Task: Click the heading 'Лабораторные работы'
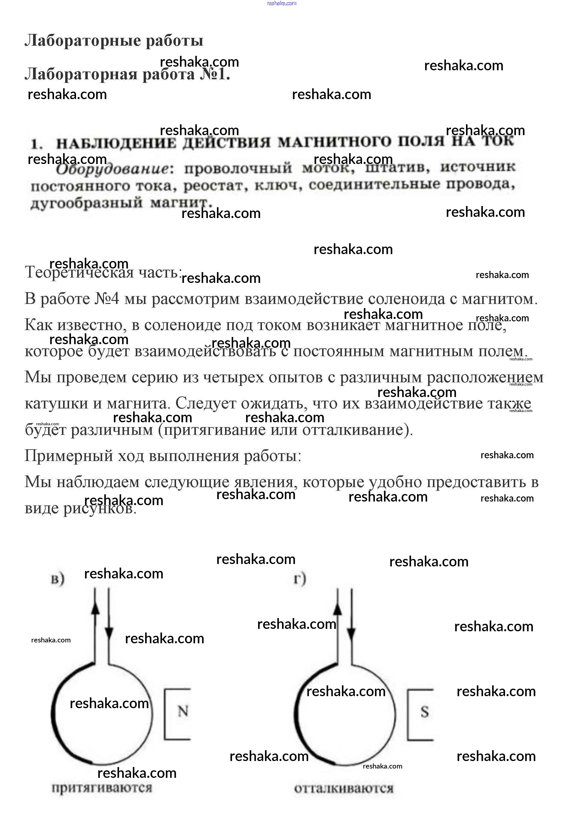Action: click(114, 41)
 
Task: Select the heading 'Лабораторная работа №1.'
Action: click(127, 74)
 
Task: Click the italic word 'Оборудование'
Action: click(112, 169)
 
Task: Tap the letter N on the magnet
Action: click(183, 711)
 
